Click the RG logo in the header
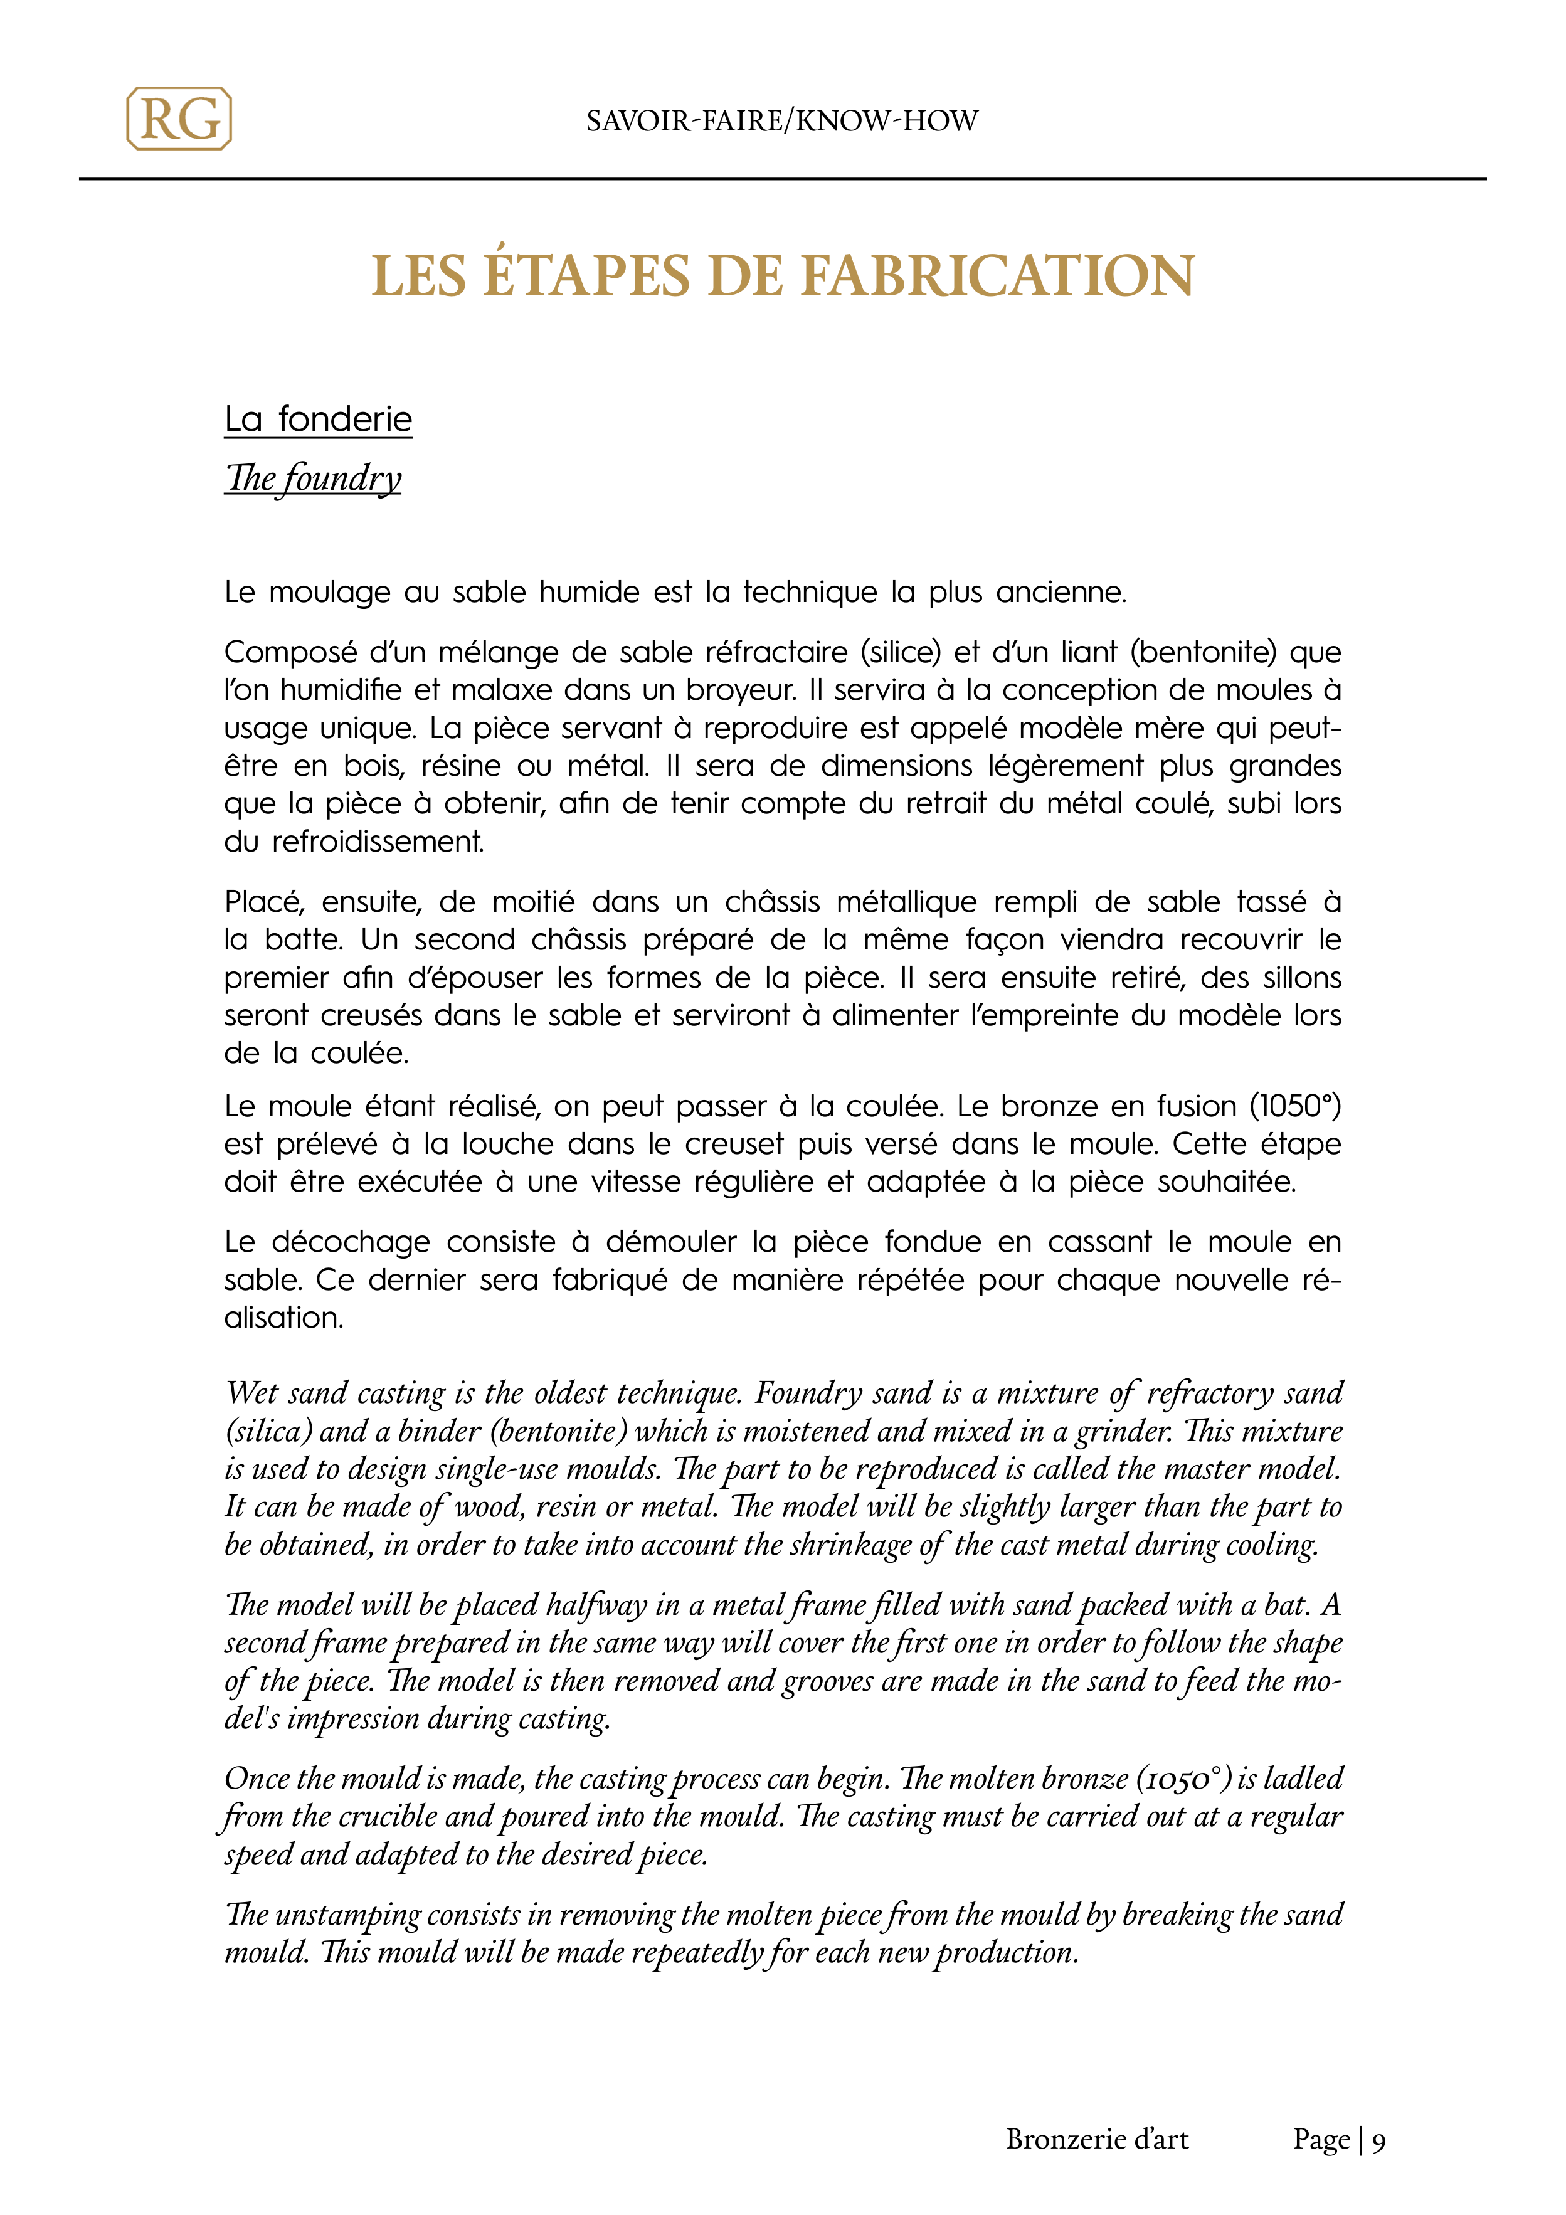[x=179, y=119]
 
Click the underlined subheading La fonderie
[x=319, y=420]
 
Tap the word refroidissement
[x=378, y=842]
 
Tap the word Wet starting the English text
[x=253, y=1393]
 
